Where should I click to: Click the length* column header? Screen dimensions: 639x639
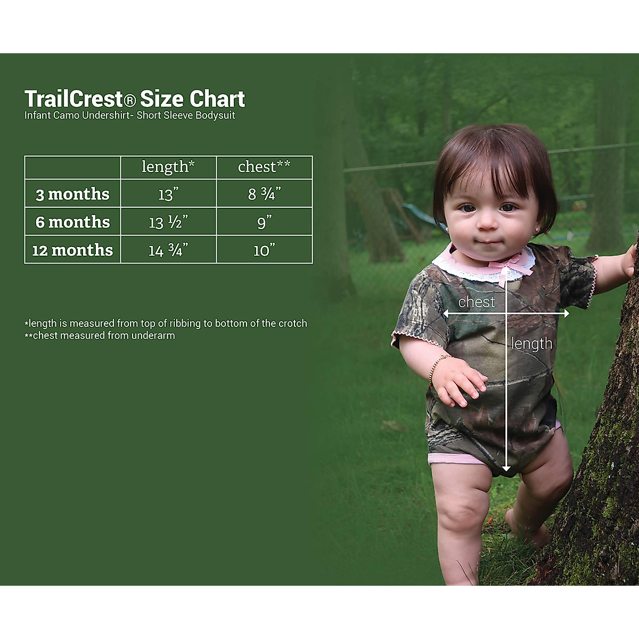[168, 167]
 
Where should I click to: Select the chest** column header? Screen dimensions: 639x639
[264, 166]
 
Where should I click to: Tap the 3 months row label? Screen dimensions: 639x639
[72, 194]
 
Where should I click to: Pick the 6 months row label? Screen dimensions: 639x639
[72, 222]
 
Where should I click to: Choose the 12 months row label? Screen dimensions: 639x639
[72, 250]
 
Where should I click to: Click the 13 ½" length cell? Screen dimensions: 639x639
[168, 222]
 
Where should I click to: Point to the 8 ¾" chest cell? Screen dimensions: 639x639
[264, 194]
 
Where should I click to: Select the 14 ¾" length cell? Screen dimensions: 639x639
[168, 250]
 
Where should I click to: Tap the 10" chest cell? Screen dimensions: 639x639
[264, 250]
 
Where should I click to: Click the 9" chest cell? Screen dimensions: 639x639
[264, 222]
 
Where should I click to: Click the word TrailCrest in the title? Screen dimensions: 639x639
[73, 99]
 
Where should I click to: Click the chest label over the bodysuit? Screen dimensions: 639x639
[476, 302]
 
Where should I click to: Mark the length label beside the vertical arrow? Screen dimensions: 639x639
[531, 343]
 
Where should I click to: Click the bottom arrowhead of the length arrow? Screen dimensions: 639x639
[506, 468]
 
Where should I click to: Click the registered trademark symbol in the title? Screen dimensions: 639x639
[130, 100]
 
